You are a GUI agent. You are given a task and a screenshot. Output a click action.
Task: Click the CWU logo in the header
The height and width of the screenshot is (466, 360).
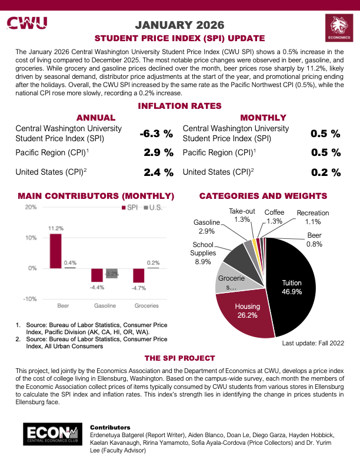(x=28, y=23)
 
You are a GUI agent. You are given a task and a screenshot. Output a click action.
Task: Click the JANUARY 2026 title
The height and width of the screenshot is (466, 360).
(x=180, y=25)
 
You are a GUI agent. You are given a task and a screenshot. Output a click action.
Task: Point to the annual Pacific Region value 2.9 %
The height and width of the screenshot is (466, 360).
(x=159, y=153)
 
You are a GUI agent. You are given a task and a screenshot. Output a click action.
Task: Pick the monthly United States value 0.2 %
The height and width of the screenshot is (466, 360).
(x=326, y=172)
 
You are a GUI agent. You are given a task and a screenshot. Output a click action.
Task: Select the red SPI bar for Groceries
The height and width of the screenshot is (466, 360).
(x=139, y=275)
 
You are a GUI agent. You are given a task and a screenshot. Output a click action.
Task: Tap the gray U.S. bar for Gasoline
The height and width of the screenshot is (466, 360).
(x=112, y=274)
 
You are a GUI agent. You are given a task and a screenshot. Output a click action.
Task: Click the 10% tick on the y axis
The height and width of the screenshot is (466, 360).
(x=31, y=238)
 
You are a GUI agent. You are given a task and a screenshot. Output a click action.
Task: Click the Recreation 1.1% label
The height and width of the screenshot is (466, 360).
(x=312, y=217)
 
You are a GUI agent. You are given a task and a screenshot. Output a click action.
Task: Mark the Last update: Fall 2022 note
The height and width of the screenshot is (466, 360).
(x=313, y=343)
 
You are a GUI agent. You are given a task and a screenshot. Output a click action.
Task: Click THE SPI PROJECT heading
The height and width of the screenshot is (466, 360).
(x=179, y=358)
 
